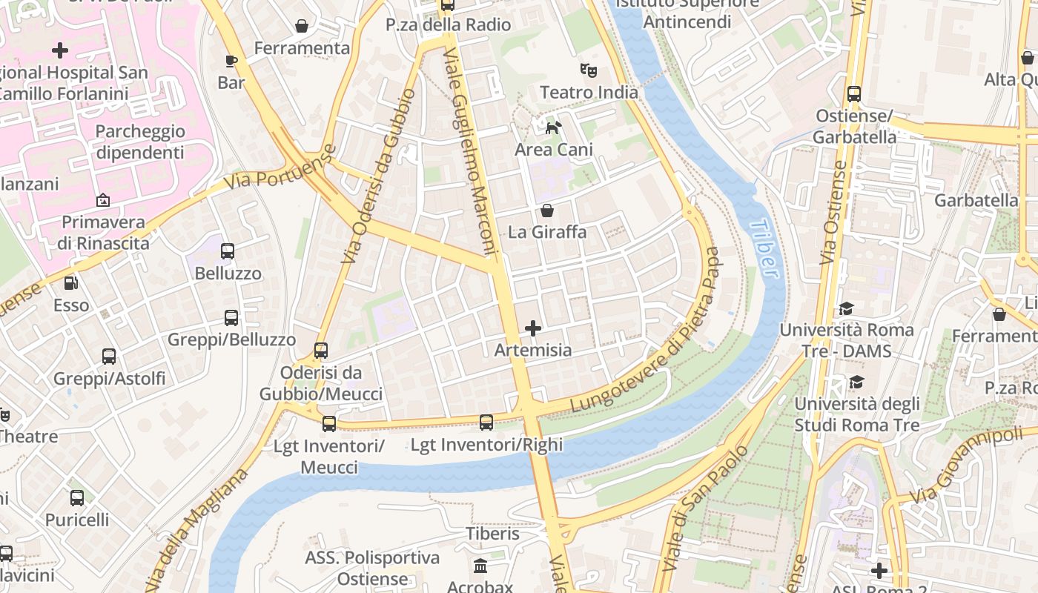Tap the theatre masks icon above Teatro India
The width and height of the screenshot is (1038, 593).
pos(589,70)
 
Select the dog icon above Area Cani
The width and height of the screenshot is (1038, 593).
pos(553,127)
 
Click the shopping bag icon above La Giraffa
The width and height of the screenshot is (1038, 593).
pos(547,211)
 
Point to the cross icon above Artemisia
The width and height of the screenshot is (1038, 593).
pos(532,328)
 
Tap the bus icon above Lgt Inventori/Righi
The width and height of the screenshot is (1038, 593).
pos(486,423)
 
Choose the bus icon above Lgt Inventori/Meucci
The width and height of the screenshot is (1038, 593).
pos(328,423)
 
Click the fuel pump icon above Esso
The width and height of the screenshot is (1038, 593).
pos(70,283)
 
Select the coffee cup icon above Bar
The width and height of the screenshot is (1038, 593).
pos(231,60)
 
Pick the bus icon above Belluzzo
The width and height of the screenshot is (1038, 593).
pos(228,251)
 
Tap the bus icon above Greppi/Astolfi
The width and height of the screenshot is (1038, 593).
pos(109,357)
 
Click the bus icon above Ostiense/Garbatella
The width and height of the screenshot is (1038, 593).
pos(854,94)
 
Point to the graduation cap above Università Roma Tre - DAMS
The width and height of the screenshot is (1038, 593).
pos(846,308)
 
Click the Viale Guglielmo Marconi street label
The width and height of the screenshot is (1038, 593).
pos(470,152)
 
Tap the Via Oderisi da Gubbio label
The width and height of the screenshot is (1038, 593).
pos(378,176)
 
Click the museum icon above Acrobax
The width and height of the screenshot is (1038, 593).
pos(480,566)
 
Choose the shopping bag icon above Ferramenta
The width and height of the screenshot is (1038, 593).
pos(302,27)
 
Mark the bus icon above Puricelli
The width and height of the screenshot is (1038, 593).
pos(77,497)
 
